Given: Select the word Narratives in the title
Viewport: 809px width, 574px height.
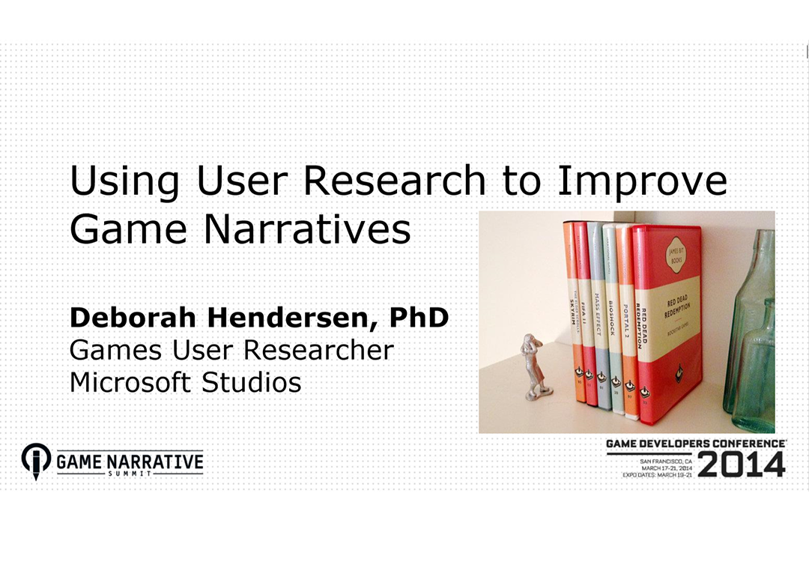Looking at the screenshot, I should (308, 229).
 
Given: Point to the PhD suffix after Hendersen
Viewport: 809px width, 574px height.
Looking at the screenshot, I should (419, 318).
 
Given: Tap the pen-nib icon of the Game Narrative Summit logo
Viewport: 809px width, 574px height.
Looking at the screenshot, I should (36, 460).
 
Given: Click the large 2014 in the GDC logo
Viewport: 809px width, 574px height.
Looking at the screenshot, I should (741, 465).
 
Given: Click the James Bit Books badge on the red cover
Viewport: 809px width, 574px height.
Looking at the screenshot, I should (675, 258).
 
